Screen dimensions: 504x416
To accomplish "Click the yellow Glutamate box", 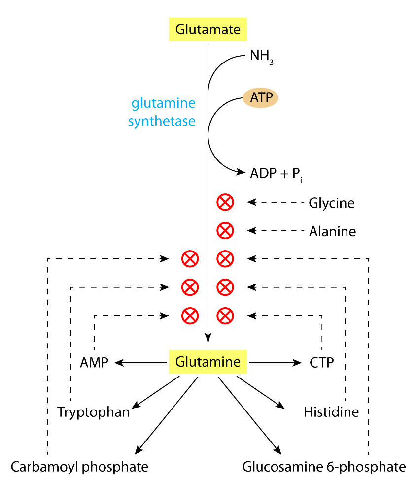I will point(208,30).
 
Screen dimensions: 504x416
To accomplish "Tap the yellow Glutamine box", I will point(208,362).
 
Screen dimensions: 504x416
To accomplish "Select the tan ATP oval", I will point(260,98).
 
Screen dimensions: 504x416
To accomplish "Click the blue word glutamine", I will point(163,104).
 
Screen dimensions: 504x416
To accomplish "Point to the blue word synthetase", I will point(162,121).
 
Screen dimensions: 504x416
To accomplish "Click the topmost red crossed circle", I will point(225,202).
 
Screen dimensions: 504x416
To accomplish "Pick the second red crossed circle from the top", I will point(225,230).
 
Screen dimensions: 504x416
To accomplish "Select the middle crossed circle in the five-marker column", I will point(225,259).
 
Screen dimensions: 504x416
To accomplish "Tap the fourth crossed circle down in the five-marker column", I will point(225,287).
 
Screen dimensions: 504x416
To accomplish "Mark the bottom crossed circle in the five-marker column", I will point(225,315).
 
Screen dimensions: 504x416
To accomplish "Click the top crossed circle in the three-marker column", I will point(190,259).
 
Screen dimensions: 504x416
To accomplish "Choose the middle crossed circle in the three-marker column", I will point(190,287).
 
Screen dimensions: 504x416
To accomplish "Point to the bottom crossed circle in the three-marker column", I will point(190,315).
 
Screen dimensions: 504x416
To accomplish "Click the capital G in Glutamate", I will point(180,30).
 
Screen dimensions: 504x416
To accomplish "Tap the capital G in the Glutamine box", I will point(180,362).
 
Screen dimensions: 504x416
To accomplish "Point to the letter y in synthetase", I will point(138,122).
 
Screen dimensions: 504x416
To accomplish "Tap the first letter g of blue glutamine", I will point(135,105).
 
